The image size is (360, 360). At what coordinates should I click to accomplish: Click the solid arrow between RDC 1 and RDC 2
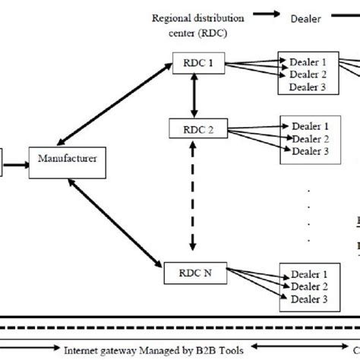(194, 97)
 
